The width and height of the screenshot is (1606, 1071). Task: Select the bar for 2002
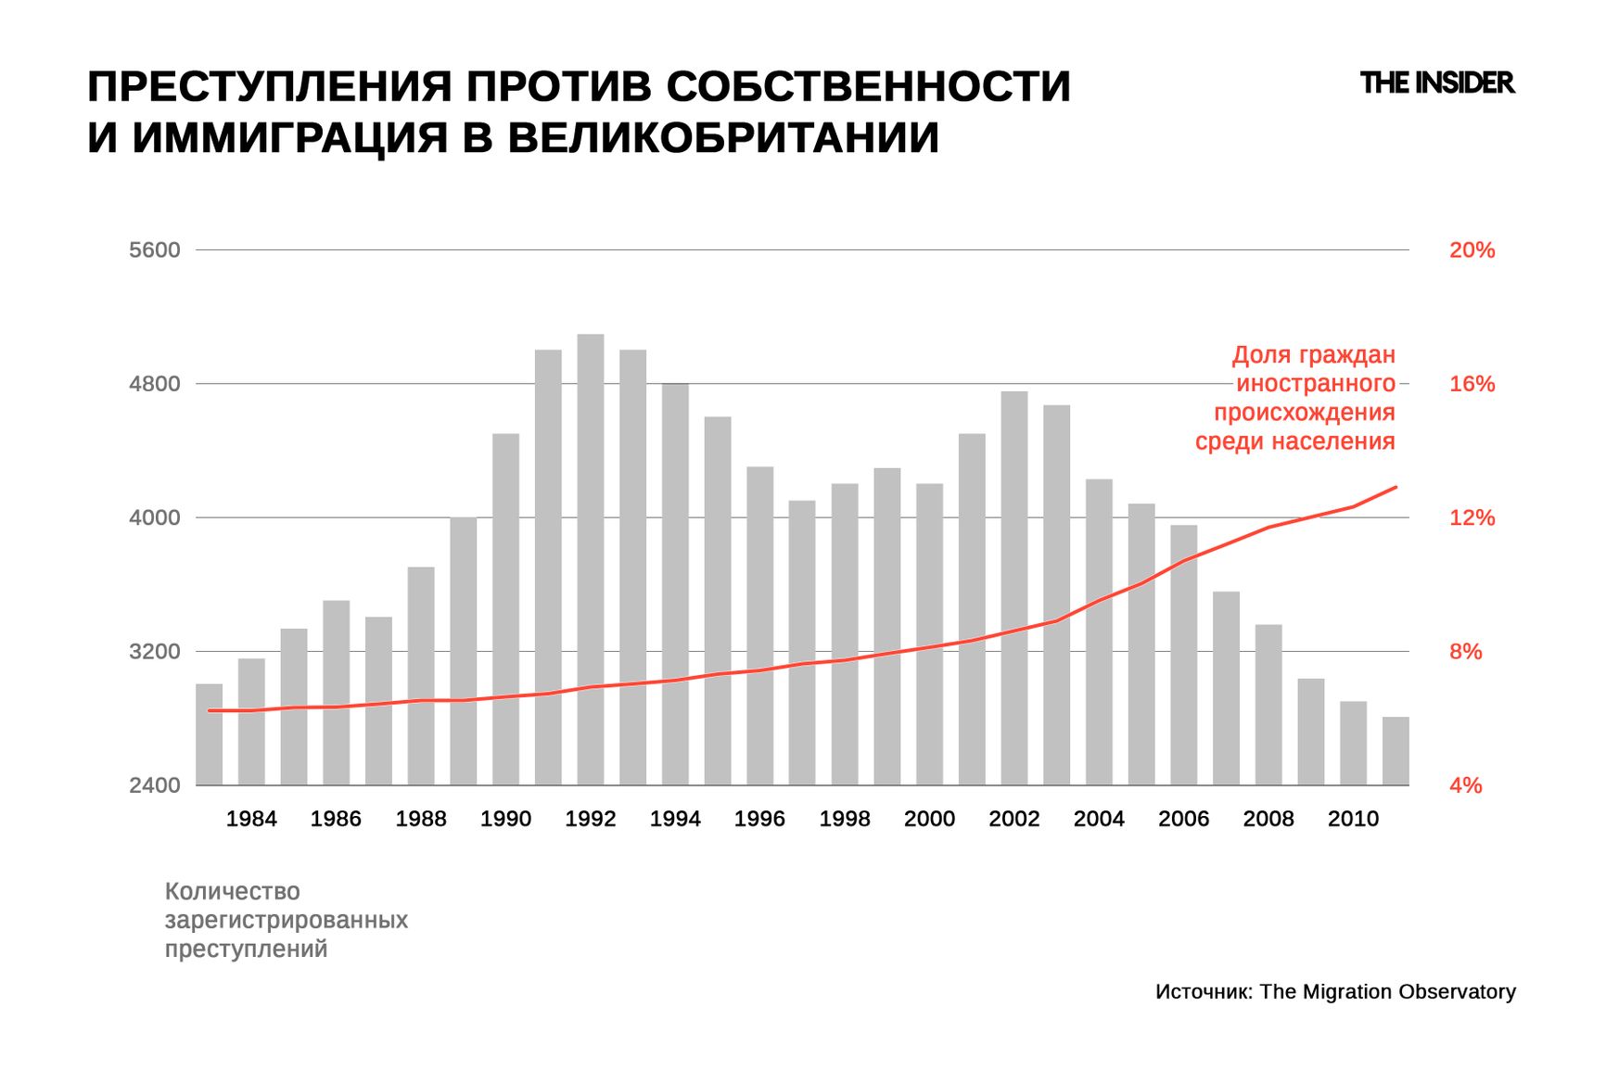(1013, 588)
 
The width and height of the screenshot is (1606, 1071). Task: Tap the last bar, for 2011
(1395, 751)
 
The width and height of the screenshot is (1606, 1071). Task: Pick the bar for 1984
(251, 721)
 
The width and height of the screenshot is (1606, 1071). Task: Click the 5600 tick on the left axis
(155, 250)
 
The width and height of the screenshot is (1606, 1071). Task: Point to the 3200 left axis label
(155, 652)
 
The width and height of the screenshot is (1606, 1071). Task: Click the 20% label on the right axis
(1472, 250)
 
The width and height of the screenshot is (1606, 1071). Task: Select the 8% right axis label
(1465, 652)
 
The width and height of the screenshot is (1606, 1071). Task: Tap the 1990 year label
(505, 819)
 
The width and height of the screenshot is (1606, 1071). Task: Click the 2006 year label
(1183, 819)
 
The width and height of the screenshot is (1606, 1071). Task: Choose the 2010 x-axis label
(1353, 819)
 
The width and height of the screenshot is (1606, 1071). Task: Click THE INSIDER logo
(1436, 83)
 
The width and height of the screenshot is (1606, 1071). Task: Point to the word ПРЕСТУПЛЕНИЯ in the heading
(269, 86)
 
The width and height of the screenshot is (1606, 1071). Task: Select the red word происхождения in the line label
(1304, 413)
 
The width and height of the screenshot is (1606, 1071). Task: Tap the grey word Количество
(232, 891)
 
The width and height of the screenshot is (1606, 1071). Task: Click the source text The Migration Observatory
(1387, 991)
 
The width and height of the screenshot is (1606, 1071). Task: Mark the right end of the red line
(1396, 487)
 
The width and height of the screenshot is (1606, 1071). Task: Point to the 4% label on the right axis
(1465, 785)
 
